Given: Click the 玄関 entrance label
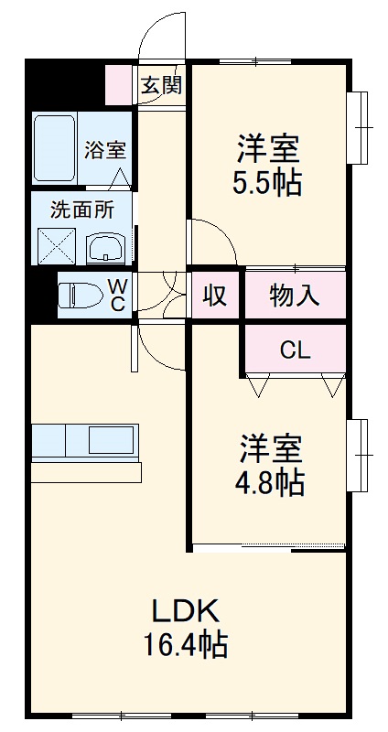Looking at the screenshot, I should (x=161, y=86).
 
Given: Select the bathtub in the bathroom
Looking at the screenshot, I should (x=54, y=149).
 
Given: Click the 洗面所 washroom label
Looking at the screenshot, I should (x=81, y=209).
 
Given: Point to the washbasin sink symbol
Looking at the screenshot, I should (x=109, y=247).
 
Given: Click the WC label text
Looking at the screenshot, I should (x=119, y=296).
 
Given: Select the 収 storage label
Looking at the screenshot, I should (x=214, y=296).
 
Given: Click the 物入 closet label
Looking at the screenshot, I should (x=294, y=296).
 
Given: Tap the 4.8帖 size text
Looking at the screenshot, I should (x=272, y=480).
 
